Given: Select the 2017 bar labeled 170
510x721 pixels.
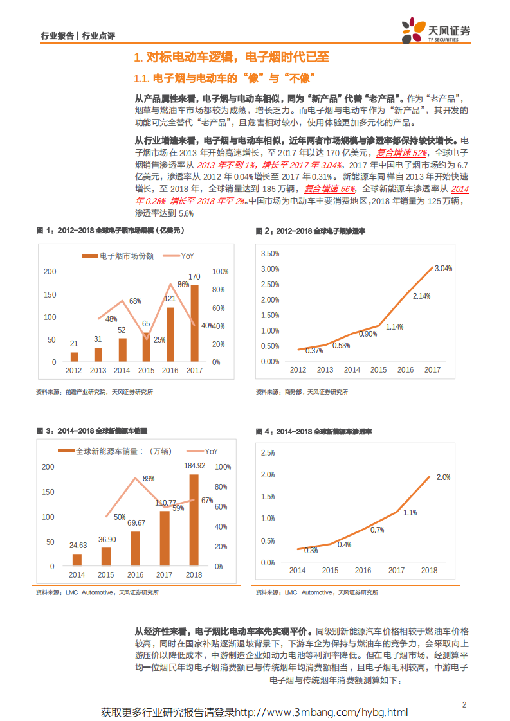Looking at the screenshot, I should point(194,323).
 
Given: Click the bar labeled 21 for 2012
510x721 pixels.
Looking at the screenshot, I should point(75,357).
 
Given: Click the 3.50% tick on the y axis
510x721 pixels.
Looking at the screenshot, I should point(269,253).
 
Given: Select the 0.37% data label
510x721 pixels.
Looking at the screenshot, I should point(314,351).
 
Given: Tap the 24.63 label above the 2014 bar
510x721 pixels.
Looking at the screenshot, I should point(78,544).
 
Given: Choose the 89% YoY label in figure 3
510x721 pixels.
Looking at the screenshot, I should point(149,478).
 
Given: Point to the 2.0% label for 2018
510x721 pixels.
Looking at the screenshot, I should point(443,477).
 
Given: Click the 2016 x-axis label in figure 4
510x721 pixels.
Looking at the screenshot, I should point(363,571).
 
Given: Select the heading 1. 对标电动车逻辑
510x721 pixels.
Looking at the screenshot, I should point(231,57).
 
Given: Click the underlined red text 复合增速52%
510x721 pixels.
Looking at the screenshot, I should point(401,153).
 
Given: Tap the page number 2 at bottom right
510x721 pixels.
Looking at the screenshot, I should point(464,704).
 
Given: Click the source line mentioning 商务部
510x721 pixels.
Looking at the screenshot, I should point(302,391).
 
